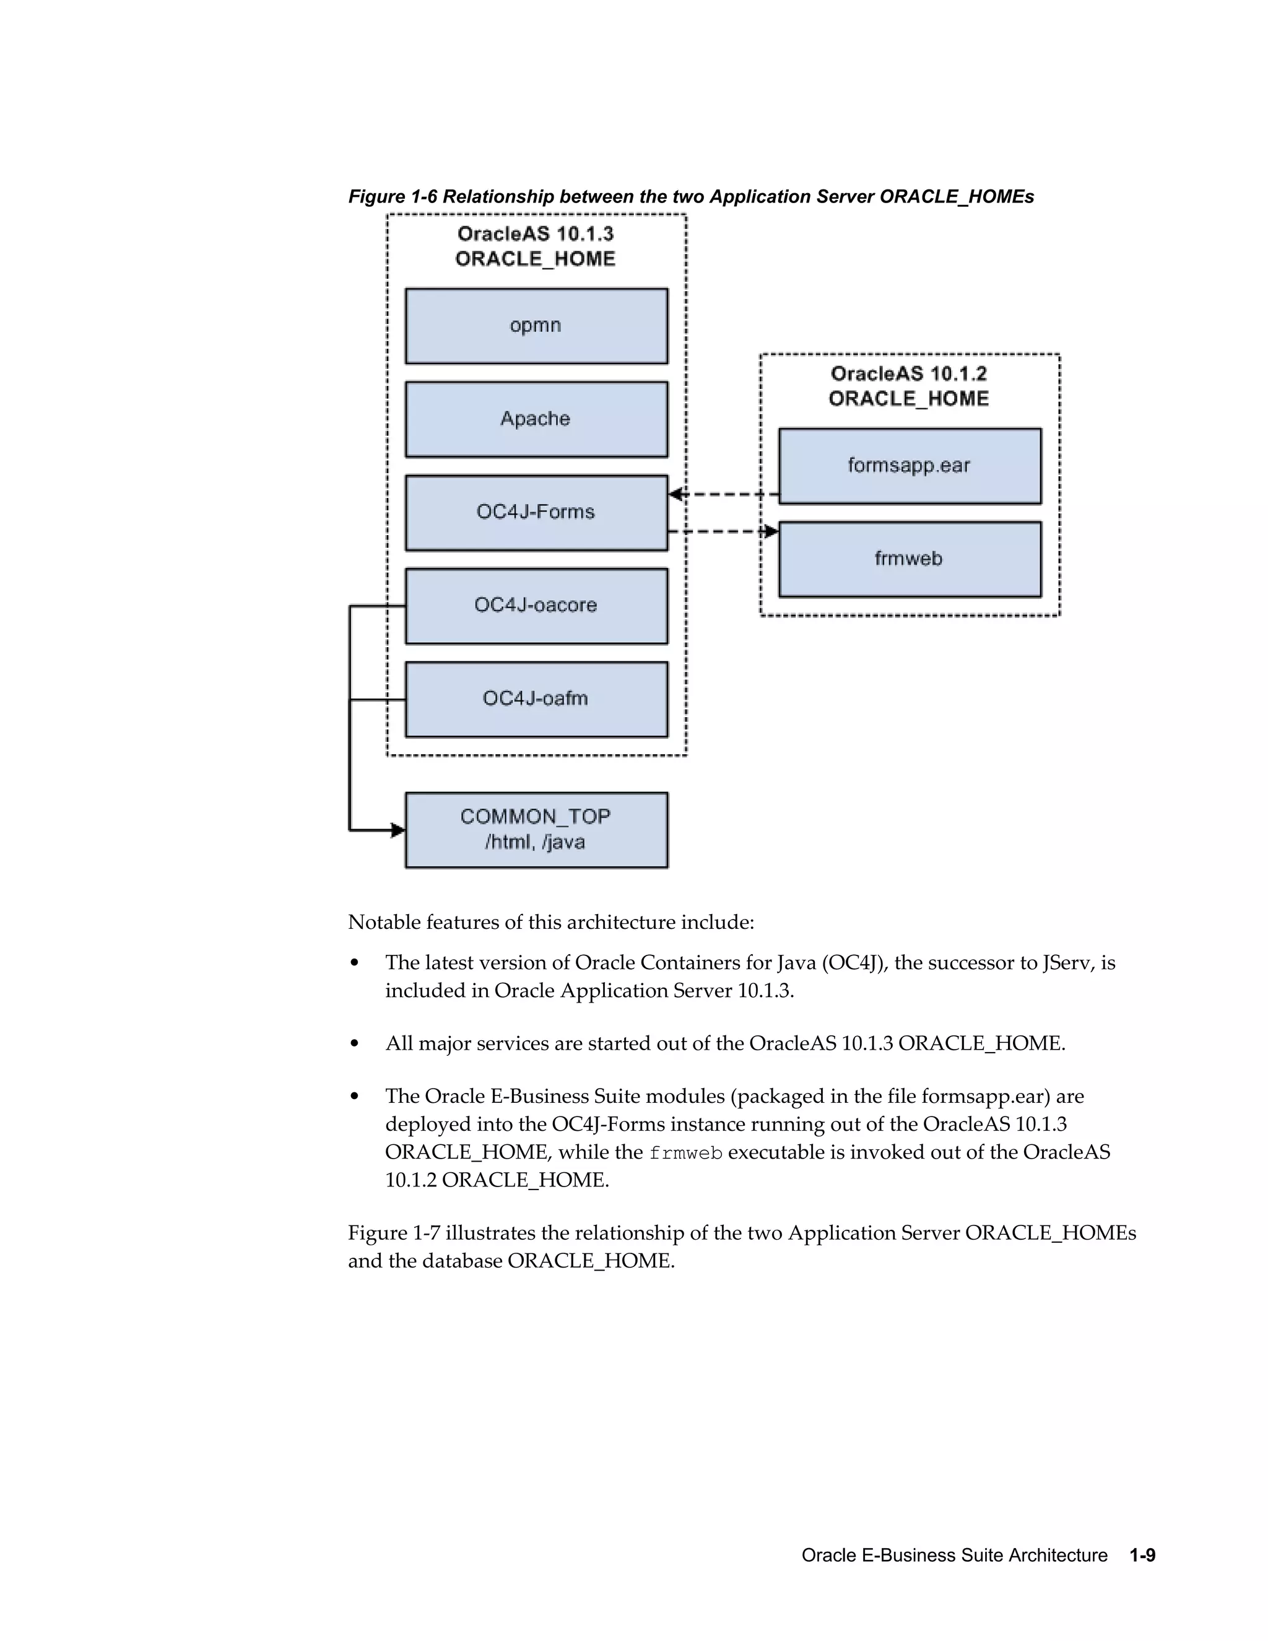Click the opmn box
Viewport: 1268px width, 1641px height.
(536, 326)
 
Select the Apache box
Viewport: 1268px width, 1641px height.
(536, 419)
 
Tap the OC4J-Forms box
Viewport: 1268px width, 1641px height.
(536, 513)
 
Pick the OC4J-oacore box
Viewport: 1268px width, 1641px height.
(536, 606)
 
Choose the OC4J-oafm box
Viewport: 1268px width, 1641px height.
(536, 699)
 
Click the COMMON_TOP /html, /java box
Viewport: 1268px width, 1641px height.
(536, 830)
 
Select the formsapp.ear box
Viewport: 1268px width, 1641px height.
(909, 466)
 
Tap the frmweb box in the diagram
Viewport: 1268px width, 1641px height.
(909, 559)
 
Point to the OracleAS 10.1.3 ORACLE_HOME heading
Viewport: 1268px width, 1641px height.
(536, 246)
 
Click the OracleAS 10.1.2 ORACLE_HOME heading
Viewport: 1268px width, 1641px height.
(909, 386)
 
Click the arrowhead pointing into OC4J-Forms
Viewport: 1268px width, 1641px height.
(675, 494)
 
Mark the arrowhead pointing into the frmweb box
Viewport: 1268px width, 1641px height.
(771, 532)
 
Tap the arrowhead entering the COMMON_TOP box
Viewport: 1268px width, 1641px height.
(398, 830)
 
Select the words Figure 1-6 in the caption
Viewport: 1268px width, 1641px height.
(392, 197)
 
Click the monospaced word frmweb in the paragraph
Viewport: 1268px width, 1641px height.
(685, 1152)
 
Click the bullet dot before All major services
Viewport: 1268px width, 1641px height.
(355, 1043)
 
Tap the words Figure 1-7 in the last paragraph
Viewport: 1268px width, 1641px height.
(393, 1233)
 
